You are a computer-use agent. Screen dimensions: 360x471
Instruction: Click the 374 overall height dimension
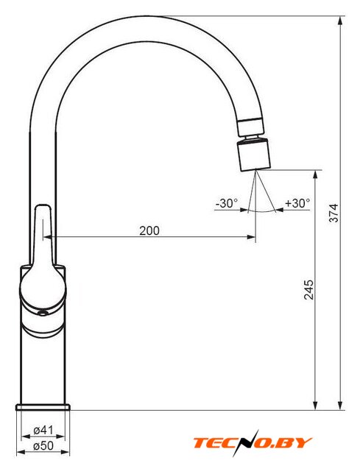pos(333,213)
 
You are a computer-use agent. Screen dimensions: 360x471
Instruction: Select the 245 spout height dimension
pos(308,289)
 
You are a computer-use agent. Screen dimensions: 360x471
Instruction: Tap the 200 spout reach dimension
pos(149,230)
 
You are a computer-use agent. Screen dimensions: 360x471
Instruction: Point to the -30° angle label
pos(227,203)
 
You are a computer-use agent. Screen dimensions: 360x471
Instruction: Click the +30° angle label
pos(297,203)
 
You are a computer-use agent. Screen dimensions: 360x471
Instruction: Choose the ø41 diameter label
pos(43,430)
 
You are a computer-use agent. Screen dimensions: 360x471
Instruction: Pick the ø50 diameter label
pos(43,446)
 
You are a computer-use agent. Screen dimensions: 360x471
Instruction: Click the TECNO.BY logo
pos(252,443)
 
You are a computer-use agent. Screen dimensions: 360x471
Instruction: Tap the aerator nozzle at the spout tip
pos(254,155)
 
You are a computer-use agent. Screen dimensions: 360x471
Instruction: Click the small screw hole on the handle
pos(43,314)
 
